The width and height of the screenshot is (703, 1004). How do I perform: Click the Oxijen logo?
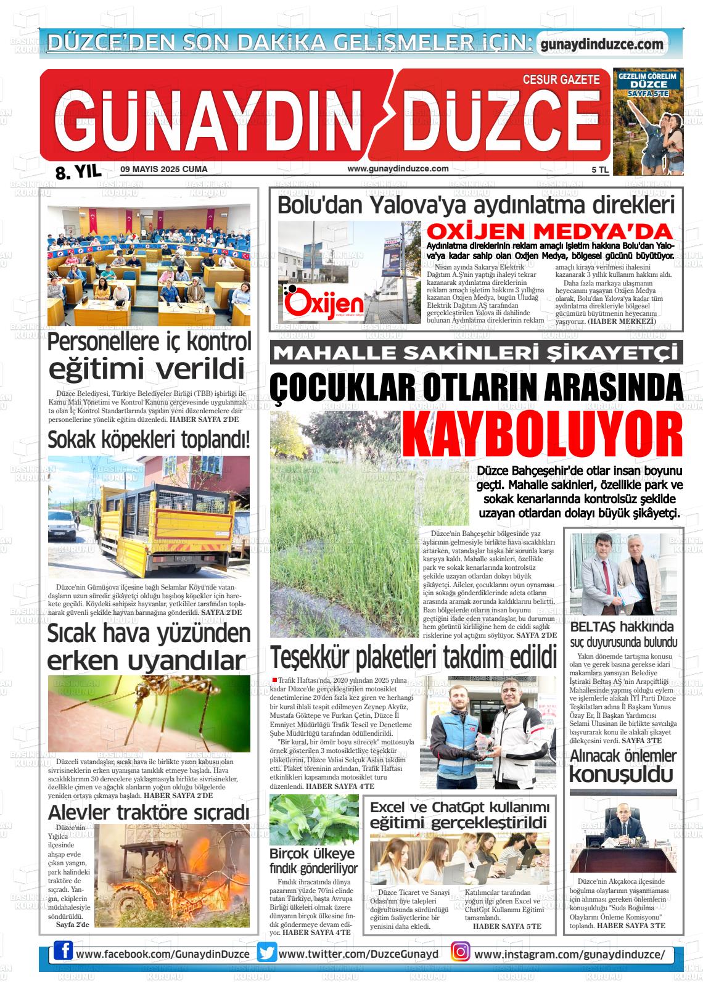(316, 303)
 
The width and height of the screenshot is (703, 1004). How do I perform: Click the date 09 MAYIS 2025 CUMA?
(164, 169)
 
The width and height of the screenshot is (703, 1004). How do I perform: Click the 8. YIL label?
(78, 172)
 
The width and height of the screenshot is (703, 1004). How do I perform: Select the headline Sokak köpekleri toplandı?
(149, 440)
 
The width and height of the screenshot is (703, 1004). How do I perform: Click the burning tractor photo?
(171, 874)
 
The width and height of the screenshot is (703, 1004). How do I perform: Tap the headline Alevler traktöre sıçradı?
(149, 812)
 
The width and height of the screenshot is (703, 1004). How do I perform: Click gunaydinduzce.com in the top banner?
(601, 44)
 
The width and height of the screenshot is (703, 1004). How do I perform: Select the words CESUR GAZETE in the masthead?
(561, 80)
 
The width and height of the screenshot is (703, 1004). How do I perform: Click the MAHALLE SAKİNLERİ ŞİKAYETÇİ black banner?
(476, 353)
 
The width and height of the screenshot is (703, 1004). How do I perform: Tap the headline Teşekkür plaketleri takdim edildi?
(413, 657)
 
